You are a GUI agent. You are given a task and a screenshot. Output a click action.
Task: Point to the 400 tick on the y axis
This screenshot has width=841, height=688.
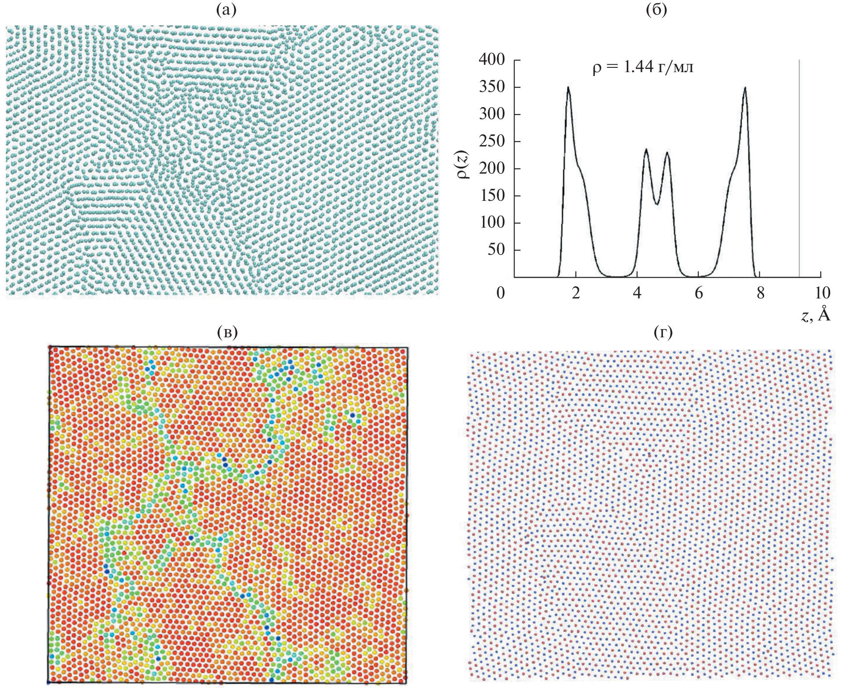tap(492, 60)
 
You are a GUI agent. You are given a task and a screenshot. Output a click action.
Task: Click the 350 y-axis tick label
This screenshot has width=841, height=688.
tap(492, 87)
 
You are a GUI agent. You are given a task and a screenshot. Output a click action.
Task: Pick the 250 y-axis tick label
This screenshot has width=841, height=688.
tap(492, 141)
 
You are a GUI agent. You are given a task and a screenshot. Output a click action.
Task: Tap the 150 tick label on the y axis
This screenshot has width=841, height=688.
tap(492, 196)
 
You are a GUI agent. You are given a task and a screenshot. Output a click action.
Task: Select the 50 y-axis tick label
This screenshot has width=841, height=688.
tap(496, 250)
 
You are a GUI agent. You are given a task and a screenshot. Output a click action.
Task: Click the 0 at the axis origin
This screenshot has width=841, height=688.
tap(501, 293)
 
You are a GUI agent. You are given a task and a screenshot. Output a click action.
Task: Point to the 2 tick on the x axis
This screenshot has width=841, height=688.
tap(576, 293)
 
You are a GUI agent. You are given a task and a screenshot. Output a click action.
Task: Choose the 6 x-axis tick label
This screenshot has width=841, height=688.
tap(699, 293)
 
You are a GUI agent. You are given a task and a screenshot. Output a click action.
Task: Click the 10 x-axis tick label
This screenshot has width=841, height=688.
tap(822, 293)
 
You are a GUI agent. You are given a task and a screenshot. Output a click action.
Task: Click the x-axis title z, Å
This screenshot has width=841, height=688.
tap(816, 315)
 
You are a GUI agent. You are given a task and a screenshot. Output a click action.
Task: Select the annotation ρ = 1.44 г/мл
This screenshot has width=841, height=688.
tap(643, 67)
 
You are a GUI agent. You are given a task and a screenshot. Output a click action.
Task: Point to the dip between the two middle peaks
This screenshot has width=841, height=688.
tap(657, 204)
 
